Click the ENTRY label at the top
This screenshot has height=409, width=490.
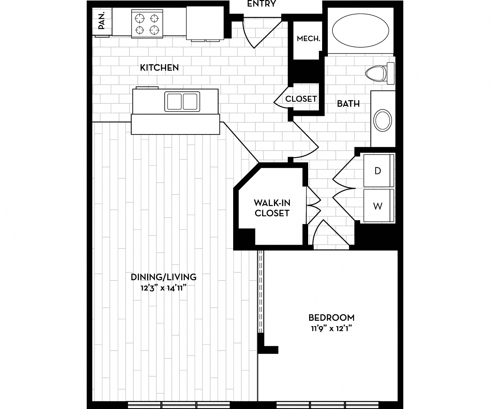tap(262, 4)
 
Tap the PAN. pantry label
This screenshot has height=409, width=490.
tap(102, 21)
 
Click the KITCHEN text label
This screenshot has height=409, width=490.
tap(159, 67)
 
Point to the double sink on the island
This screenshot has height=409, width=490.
tap(182, 101)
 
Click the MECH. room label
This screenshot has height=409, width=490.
tap(308, 38)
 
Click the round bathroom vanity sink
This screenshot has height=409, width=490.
tap(383, 121)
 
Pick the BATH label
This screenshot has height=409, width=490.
tap(348, 104)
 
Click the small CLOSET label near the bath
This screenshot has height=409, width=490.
tap(301, 99)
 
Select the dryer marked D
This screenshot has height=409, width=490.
tap(378, 171)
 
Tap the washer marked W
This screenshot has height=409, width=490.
tap(378, 206)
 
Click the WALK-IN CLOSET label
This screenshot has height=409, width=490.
tap(272, 208)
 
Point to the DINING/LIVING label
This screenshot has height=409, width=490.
tap(164, 277)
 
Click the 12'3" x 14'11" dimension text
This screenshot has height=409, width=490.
tap(164, 287)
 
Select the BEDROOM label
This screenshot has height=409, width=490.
tap(331, 318)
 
